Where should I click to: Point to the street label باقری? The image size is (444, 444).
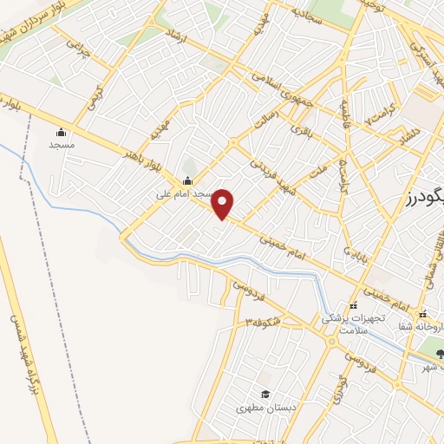point(301,131)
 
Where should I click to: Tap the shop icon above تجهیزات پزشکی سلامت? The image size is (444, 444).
point(352,306)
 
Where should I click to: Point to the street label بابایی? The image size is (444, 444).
point(358,257)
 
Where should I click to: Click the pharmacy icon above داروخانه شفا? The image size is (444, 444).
point(422,314)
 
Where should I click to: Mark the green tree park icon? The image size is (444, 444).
point(439,353)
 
